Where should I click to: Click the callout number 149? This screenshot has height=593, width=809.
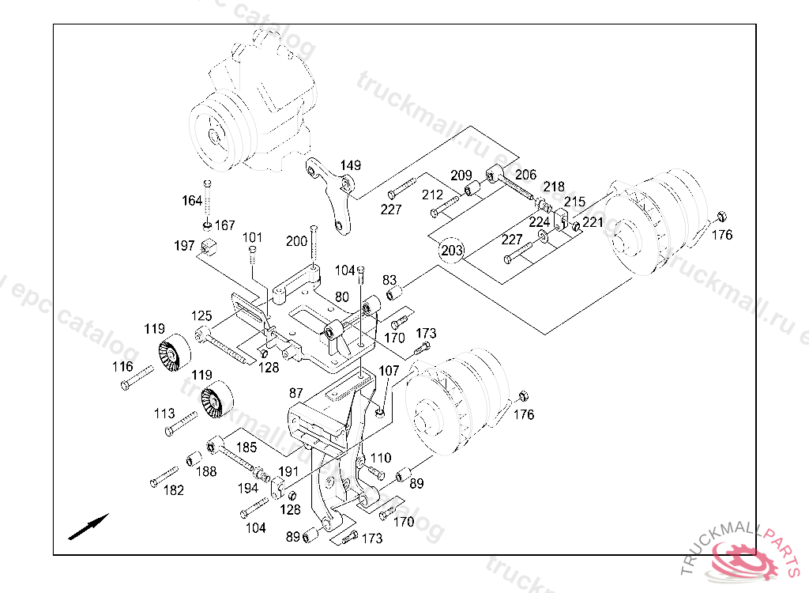(351, 166)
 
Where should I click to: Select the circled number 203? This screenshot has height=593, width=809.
(452, 251)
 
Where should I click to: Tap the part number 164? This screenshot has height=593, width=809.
(192, 201)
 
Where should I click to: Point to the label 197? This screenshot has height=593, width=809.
(184, 246)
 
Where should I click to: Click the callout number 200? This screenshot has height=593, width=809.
(297, 241)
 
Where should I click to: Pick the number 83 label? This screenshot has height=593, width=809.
(389, 280)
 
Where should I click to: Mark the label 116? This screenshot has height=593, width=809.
(122, 367)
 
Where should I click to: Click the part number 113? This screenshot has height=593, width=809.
(164, 414)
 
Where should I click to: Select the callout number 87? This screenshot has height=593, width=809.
(296, 393)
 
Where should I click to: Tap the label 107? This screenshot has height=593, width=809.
(389, 370)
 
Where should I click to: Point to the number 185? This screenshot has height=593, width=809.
(246, 447)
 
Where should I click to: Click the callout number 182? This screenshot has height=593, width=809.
(173, 490)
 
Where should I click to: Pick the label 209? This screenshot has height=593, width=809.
(461, 176)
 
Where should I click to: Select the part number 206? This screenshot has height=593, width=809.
(525, 175)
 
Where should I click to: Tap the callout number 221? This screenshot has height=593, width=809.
(593, 223)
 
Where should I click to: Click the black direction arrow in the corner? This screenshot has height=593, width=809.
(88, 527)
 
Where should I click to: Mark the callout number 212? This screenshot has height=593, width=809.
(432, 195)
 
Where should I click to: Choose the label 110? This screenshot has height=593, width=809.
(381, 458)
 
